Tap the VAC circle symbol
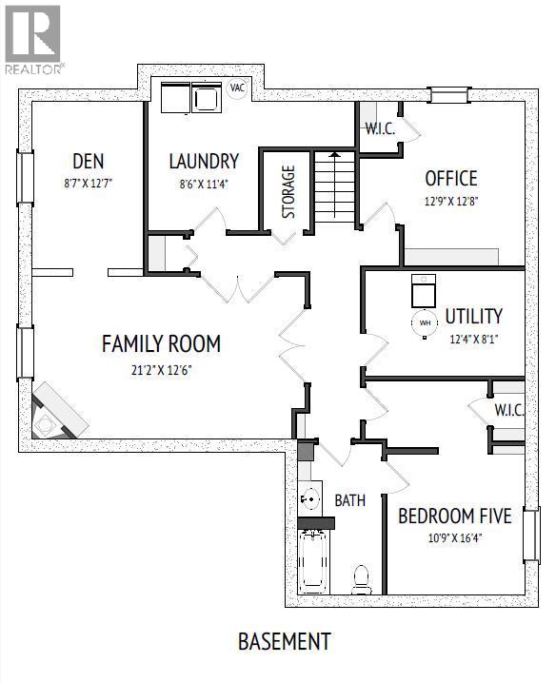(237, 88)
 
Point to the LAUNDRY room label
(204, 161)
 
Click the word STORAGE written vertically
(288, 192)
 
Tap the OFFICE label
(451, 178)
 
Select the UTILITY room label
(473, 316)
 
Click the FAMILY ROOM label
(161, 343)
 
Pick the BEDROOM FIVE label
(454, 516)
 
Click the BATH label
(349, 499)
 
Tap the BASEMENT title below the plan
(284, 641)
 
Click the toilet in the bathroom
(362, 577)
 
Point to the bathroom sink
(308, 497)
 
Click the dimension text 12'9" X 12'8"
(451, 202)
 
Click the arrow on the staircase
(334, 155)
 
